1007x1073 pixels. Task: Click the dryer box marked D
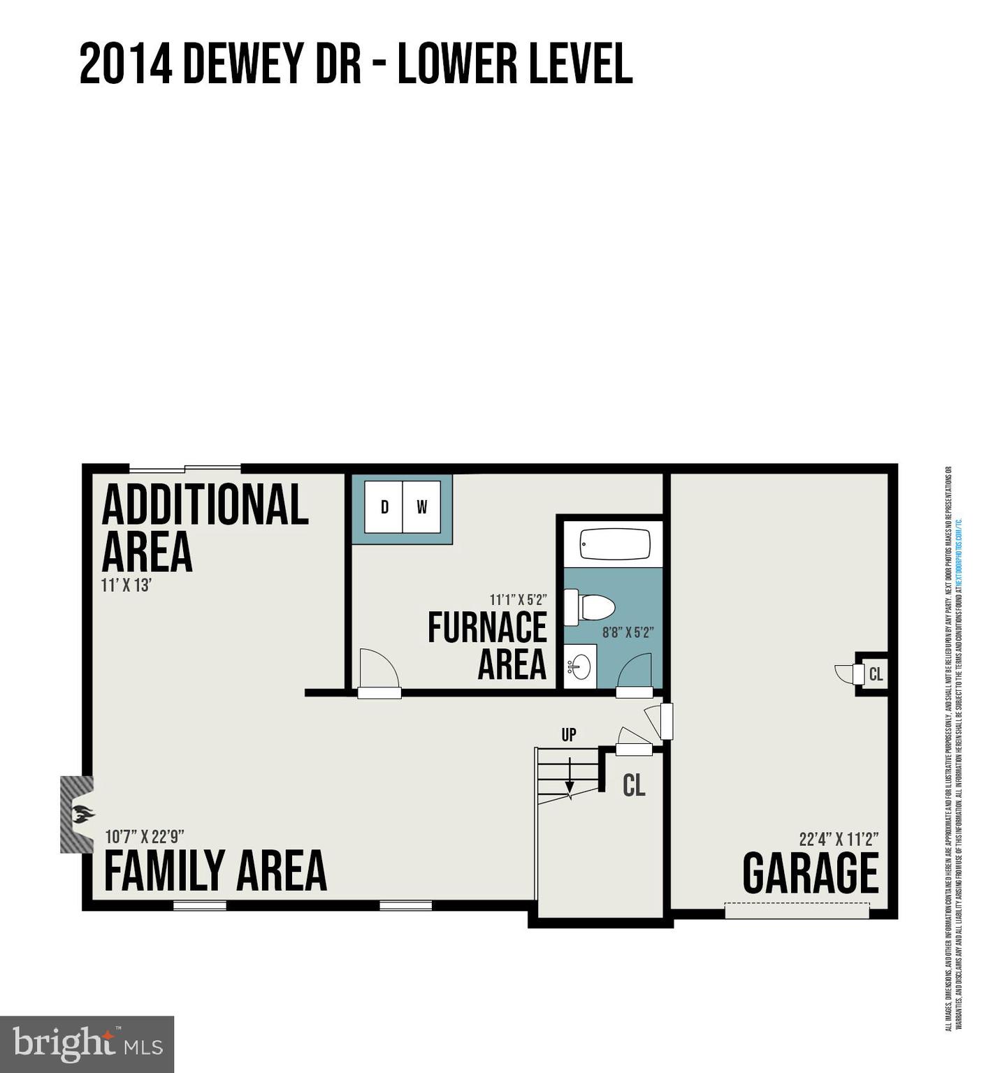click(384, 507)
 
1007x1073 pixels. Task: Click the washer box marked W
click(421, 507)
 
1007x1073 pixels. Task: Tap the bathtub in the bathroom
click(615, 544)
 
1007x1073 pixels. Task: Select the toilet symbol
click(591, 607)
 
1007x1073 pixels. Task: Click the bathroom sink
click(579, 667)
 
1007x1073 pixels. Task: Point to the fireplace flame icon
click(82, 814)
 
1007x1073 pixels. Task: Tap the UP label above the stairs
click(569, 735)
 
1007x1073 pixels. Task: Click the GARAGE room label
click(810, 873)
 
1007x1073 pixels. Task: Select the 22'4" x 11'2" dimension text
click(839, 839)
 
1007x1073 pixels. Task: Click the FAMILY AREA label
click(215, 871)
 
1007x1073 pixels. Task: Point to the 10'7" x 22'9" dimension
click(145, 837)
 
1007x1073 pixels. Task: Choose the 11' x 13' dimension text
click(126, 585)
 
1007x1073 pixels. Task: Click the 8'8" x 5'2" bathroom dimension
click(628, 633)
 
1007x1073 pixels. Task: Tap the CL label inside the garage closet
click(876, 675)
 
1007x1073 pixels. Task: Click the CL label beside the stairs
click(634, 786)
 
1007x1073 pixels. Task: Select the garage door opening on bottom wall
click(797, 911)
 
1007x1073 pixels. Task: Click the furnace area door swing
click(378, 671)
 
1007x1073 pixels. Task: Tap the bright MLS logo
click(87, 1044)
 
